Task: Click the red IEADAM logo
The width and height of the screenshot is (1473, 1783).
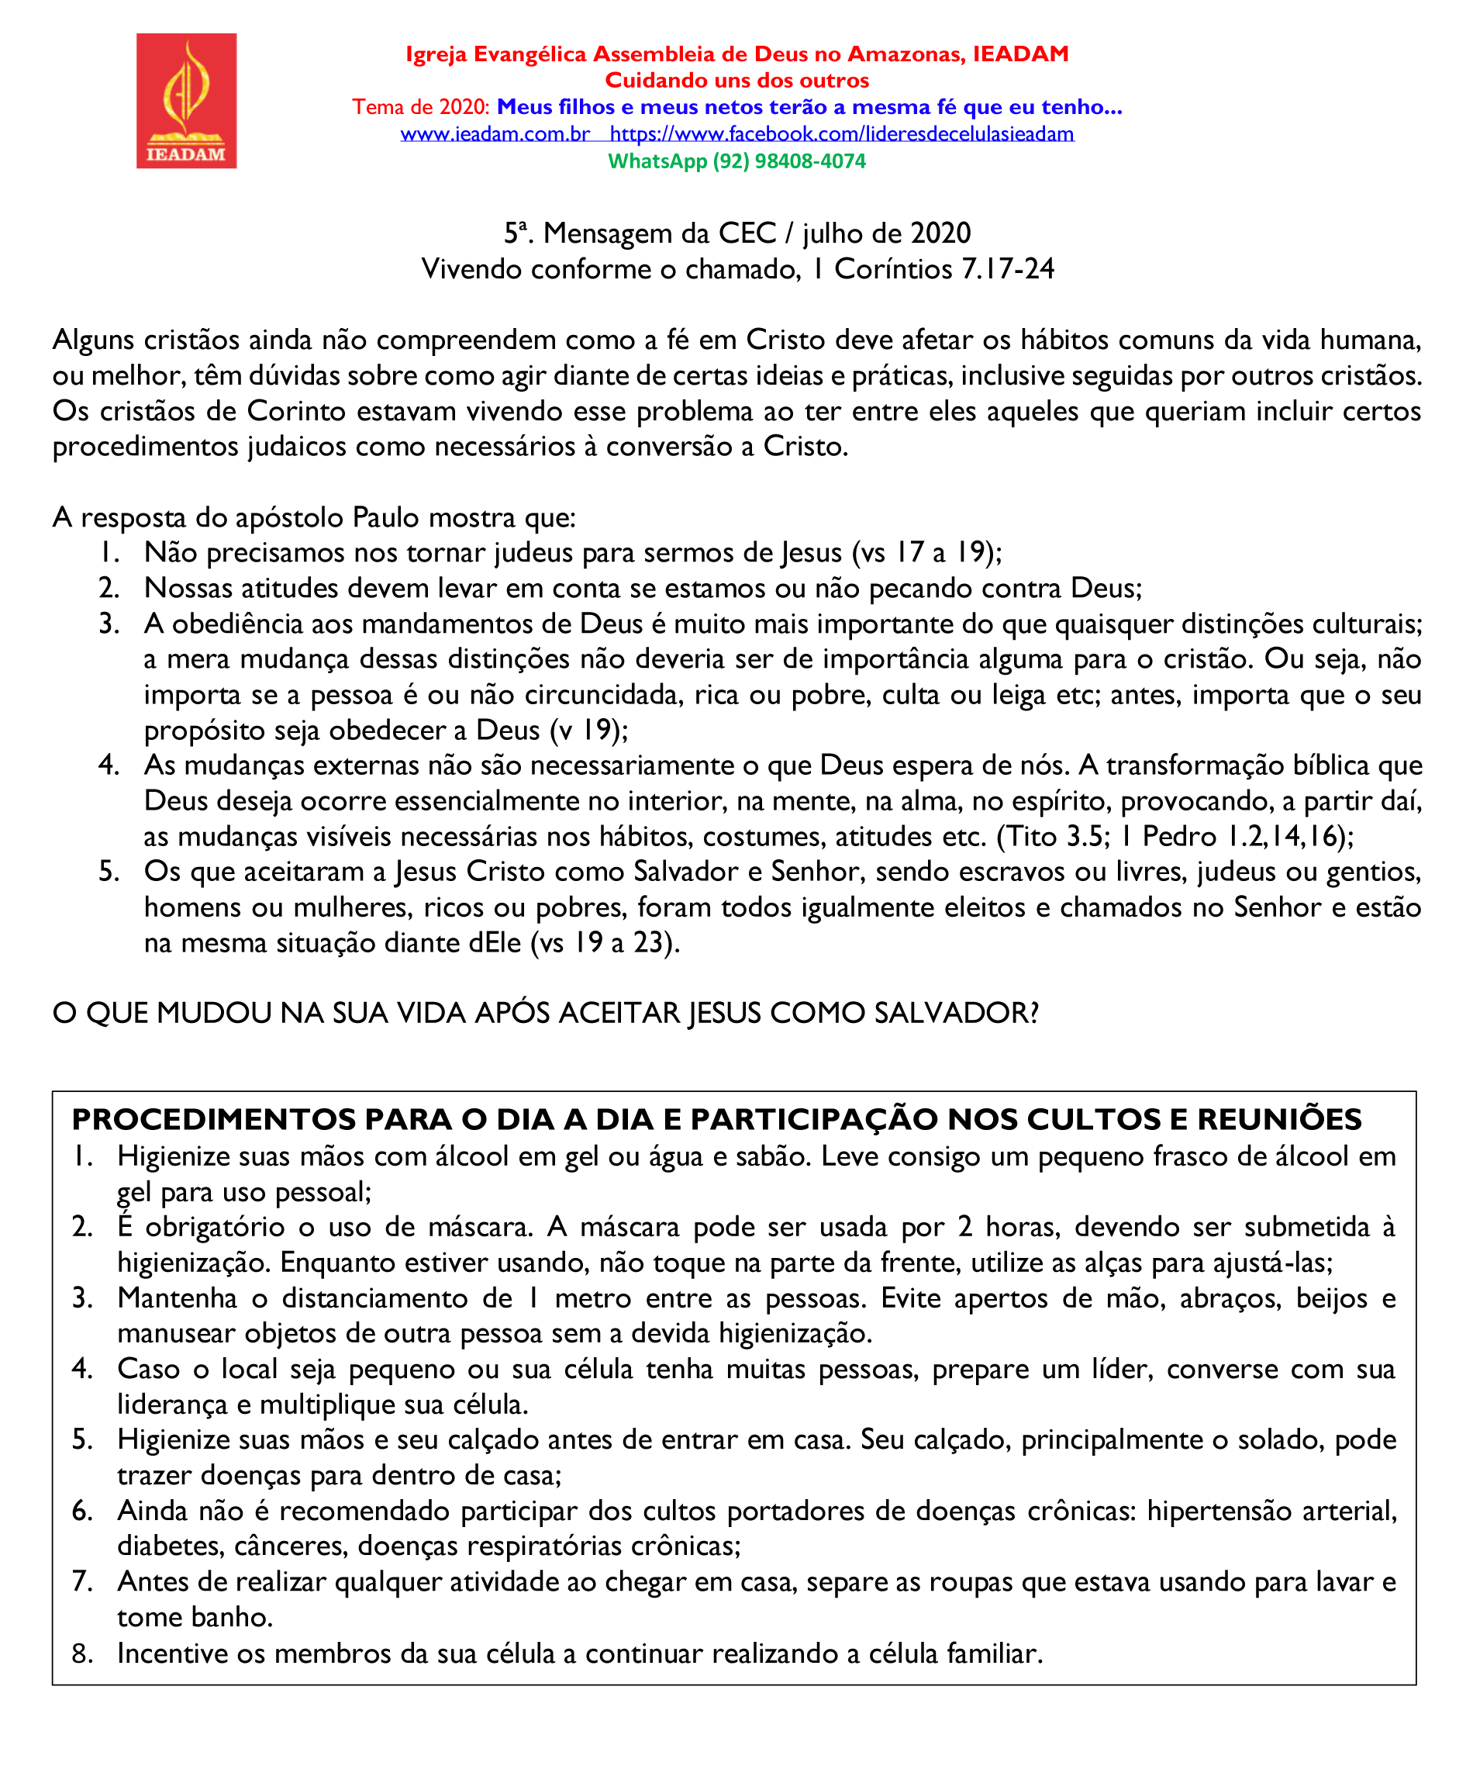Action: [x=186, y=100]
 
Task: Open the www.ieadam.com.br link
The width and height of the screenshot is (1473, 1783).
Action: [x=495, y=134]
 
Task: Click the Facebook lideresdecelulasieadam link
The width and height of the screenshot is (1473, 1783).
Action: [x=841, y=134]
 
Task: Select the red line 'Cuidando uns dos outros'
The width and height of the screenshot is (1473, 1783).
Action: [x=736, y=81]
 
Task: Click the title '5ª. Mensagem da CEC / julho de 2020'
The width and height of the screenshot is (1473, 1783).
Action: [x=736, y=233]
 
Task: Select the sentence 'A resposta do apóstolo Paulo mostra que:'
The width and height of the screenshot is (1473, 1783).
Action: [x=314, y=517]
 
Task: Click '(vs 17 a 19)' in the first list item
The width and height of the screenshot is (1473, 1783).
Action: [x=926, y=553]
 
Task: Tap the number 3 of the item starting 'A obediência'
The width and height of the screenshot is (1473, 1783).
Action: [x=108, y=624]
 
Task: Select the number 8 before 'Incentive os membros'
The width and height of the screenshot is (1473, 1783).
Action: [x=81, y=1653]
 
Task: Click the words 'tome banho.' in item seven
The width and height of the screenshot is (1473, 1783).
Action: [x=195, y=1617]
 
